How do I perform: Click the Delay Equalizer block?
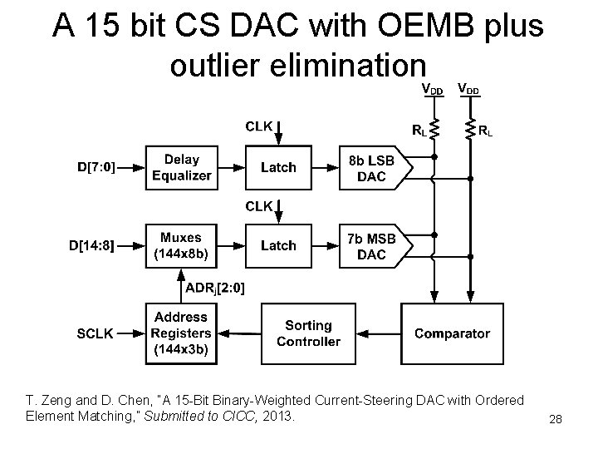[x=181, y=167]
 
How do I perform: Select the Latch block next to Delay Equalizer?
[x=278, y=167]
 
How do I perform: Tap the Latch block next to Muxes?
[x=278, y=245]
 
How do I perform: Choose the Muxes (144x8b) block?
[x=181, y=245]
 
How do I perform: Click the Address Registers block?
[x=181, y=333]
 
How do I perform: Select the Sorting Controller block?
[x=308, y=333]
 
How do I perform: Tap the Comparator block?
[x=452, y=333]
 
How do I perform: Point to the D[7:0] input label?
[x=96, y=167]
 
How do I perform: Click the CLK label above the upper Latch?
[x=257, y=126]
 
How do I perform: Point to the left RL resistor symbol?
[x=434, y=130]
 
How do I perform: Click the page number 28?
[x=556, y=421]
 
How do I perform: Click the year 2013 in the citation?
[x=277, y=415]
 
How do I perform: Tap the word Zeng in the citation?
[x=55, y=401]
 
